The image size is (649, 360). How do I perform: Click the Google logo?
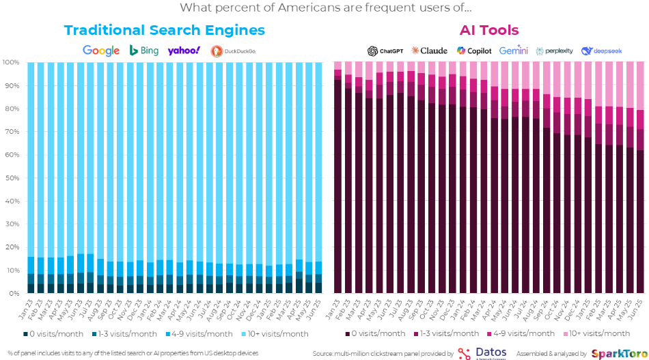(100, 51)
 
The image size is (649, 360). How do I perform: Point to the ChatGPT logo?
(385, 51)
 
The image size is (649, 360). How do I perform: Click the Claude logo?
(430, 51)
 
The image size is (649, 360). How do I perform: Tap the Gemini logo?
(514, 51)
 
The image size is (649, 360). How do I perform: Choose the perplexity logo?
(554, 51)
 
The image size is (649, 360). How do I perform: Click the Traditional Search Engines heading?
(164, 31)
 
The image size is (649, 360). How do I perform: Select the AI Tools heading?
(488, 31)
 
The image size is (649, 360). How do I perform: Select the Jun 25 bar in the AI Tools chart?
(640, 205)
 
